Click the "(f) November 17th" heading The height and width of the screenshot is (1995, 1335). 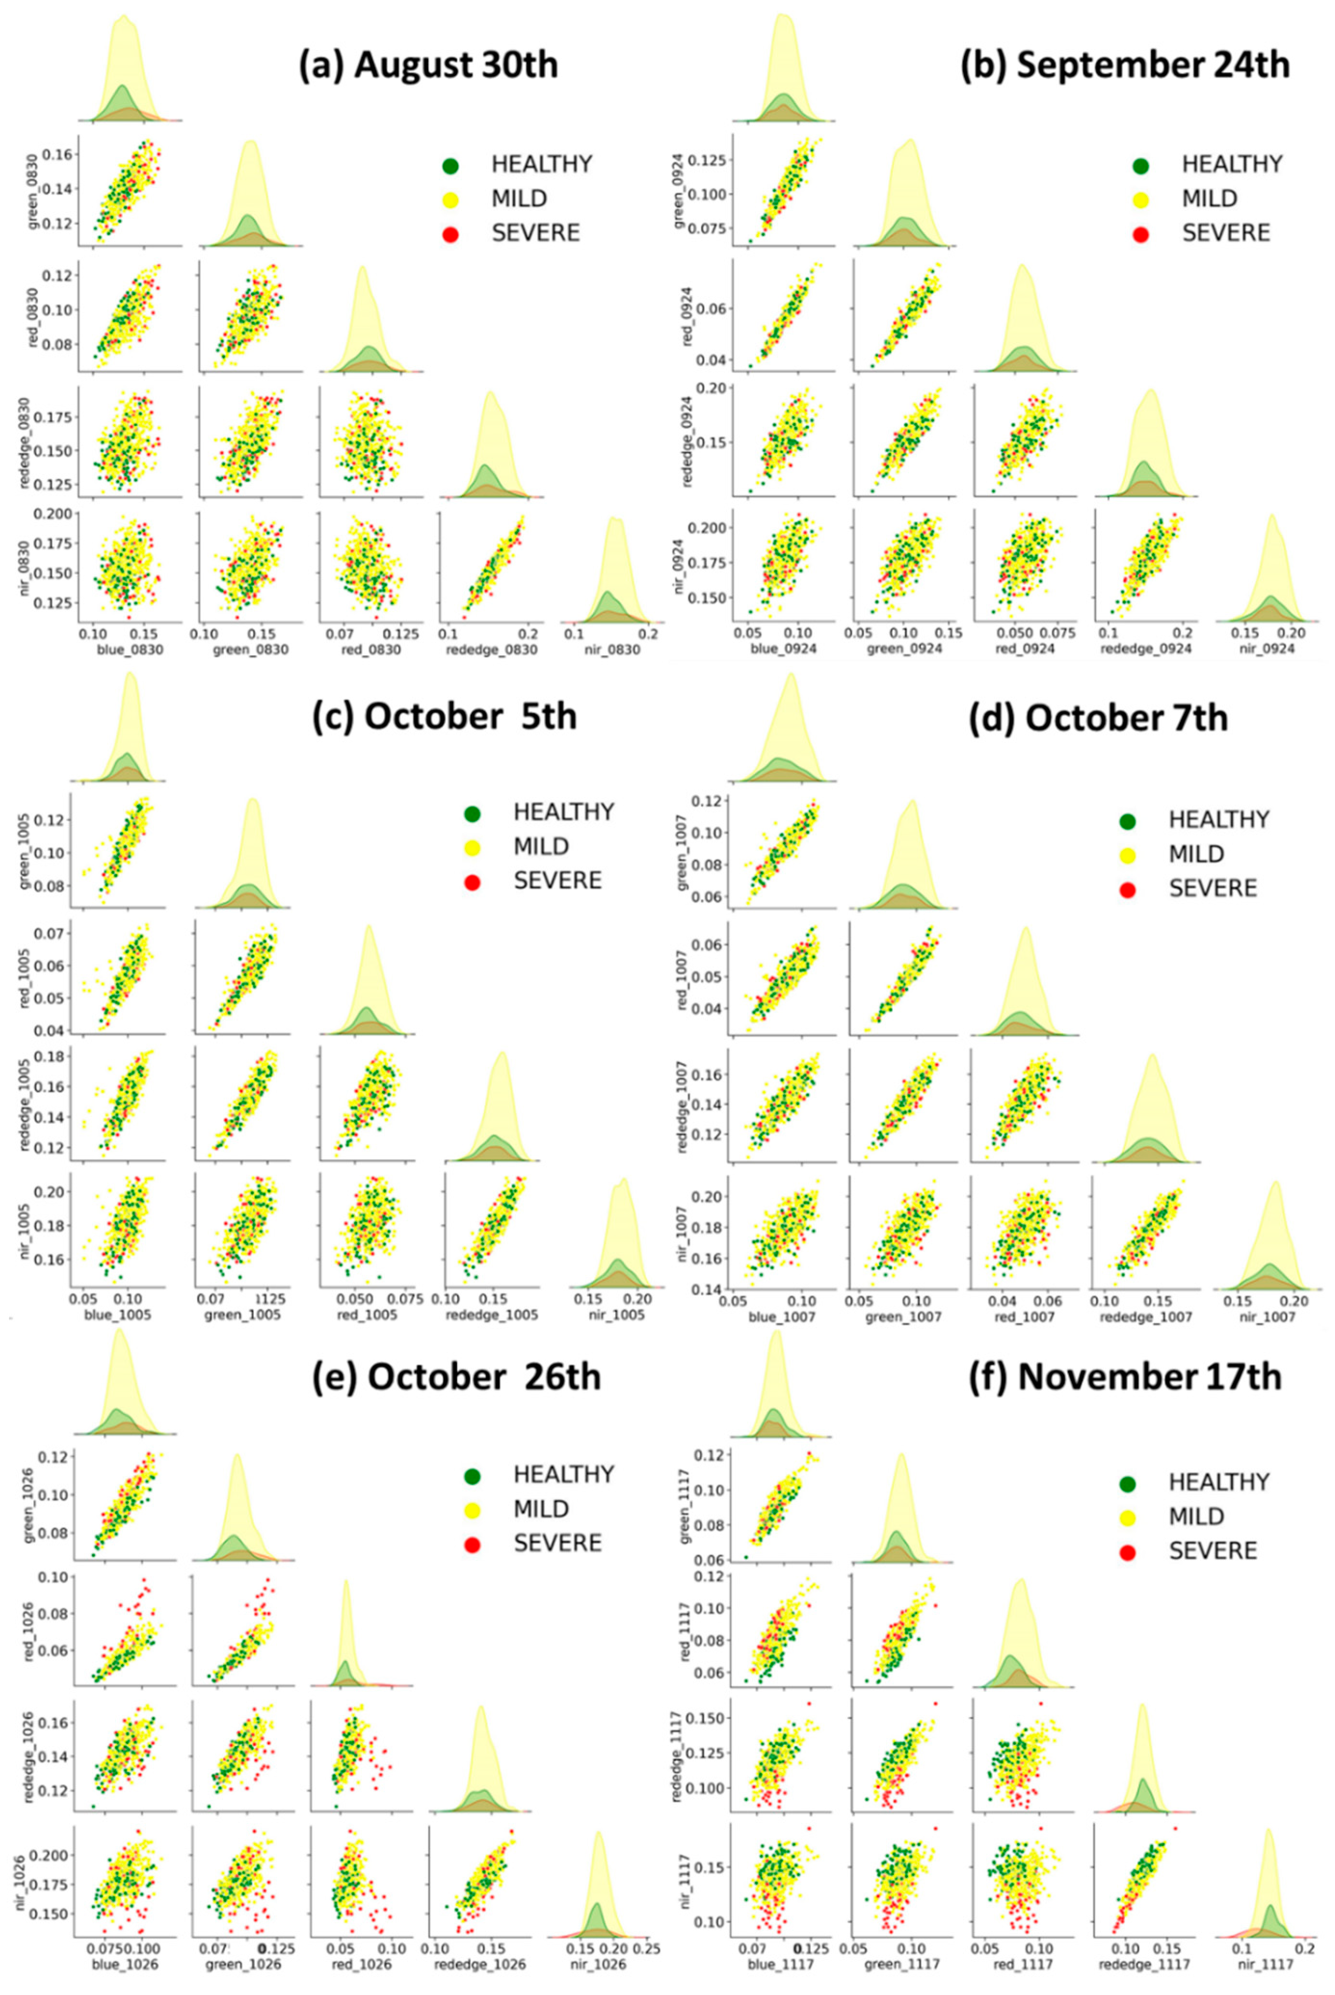[x=1124, y=1377]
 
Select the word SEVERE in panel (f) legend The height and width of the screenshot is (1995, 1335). [x=1213, y=1550]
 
